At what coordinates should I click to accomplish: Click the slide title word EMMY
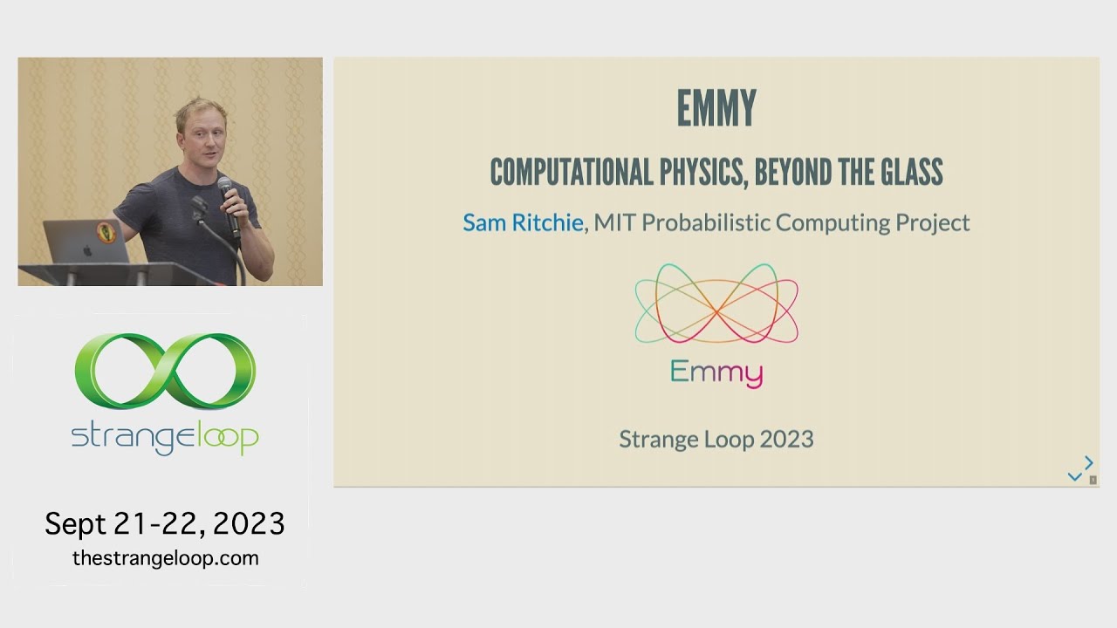(716, 109)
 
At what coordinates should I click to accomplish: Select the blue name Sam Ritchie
(522, 222)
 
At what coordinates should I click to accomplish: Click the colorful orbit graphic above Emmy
(716, 304)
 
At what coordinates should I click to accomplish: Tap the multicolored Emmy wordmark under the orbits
(716, 373)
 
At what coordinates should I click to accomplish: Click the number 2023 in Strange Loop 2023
(786, 439)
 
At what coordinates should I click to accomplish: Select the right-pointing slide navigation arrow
(1088, 462)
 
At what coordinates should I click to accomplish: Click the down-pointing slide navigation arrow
(1074, 476)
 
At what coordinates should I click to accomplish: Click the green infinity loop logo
(165, 370)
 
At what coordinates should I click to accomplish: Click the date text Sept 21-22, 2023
(165, 523)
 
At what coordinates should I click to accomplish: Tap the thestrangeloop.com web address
(165, 558)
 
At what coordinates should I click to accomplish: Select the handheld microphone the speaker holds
(229, 205)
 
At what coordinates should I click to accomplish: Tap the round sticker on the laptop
(106, 232)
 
